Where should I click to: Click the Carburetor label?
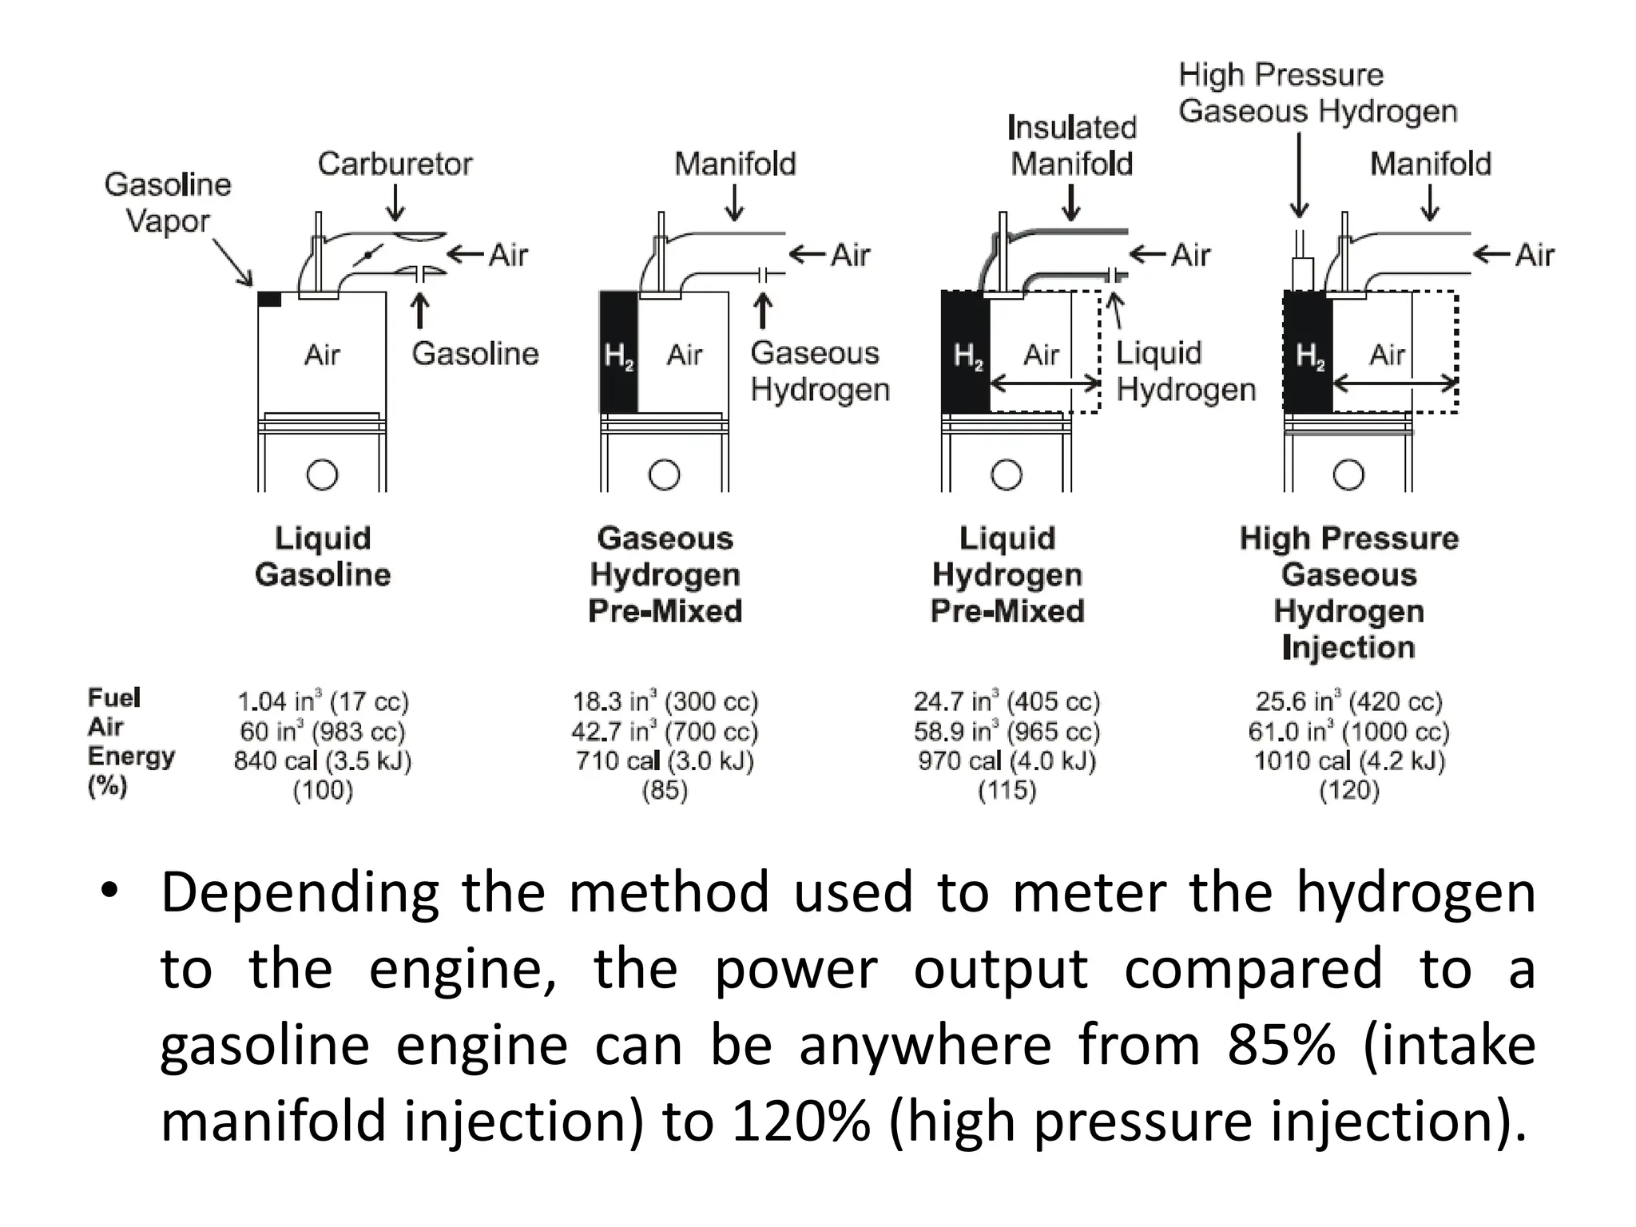coord(395,164)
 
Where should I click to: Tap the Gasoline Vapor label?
coord(168,202)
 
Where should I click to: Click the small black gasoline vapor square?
coord(269,300)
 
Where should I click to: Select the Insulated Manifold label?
coord(1071,145)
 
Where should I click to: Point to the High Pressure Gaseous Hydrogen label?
coord(1317,93)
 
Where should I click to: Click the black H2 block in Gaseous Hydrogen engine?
coord(618,352)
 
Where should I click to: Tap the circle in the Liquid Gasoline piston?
coord(322,475)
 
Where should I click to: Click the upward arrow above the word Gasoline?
coord(420,312)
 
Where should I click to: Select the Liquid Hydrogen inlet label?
coord(1185,371)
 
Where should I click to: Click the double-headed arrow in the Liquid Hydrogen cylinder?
coord(1045,384)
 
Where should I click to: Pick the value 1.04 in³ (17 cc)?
coord(323,701)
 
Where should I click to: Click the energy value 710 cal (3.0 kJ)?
coord(665,760)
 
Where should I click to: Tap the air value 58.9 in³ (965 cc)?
coord(1007,731)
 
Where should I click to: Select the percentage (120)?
coord(1348,790)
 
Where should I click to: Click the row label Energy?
coord(131,756)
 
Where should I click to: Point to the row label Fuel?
coord(114,697)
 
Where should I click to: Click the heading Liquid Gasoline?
coord(323,556)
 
